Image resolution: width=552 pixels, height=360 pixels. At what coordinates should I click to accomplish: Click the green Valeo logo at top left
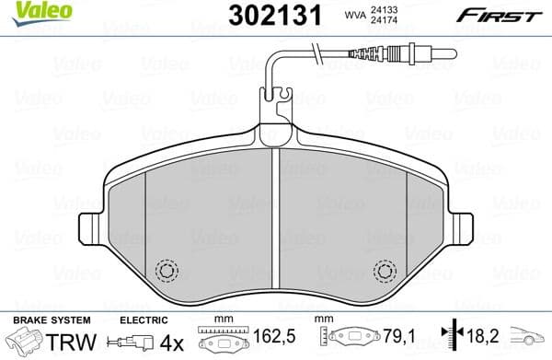tap(28, 11)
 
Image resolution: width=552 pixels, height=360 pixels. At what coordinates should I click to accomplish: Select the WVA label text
tap(355, 14)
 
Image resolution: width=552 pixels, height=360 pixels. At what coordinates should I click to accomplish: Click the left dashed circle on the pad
tap(167, 271)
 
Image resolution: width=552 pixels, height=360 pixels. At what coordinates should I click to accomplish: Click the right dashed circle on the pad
tap(385, 271)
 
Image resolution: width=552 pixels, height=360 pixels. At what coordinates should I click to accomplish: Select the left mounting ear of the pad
tap(90, 227)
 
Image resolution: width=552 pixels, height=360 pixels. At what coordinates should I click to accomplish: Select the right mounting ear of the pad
tap(463, 227)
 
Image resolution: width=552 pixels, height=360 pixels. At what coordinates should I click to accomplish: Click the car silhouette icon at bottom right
tap(530, 340)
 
